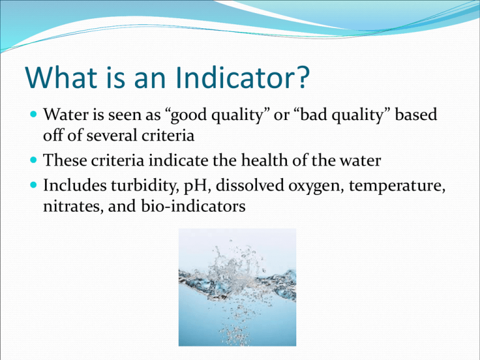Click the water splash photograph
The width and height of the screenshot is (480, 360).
[x=237, y=287]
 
